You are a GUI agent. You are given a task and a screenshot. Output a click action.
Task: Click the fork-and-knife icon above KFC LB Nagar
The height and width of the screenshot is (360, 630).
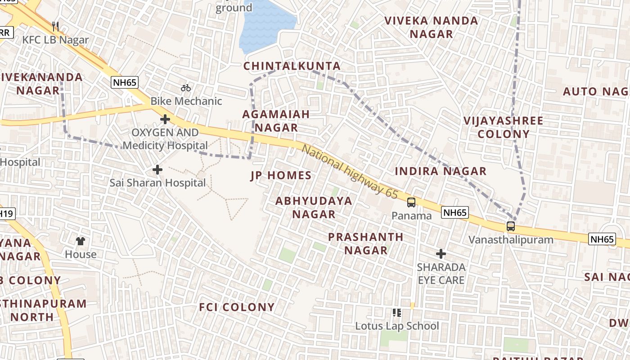click(x=55, y=27)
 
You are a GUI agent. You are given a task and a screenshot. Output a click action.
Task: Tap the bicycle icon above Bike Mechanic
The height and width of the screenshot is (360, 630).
click(x=186, y=87)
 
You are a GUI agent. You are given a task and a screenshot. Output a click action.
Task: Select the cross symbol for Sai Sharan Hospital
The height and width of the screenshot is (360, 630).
click(x=157, y=170)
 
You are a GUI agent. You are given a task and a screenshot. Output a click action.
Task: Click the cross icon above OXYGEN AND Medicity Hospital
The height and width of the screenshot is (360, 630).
click(x=165, y=119)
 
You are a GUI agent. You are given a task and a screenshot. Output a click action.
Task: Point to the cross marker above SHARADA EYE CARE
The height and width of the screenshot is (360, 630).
click(x=441, y=254)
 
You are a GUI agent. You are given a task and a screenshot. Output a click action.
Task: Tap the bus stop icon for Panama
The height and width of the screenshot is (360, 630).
click(x=411, y=202)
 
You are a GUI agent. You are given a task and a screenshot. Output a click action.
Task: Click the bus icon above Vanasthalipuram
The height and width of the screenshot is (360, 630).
click(x=511, y=226)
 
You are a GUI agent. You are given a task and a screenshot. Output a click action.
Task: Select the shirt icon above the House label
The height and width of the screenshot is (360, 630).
click(x=81, y=241)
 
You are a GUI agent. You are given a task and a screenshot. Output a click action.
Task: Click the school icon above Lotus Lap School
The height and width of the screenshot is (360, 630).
click(x=396, y=312)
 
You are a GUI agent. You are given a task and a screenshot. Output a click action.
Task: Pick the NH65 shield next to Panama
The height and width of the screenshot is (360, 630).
click(x=455, y=212)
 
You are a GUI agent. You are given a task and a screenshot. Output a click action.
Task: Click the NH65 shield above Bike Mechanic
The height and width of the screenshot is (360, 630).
click(x=125, y=82)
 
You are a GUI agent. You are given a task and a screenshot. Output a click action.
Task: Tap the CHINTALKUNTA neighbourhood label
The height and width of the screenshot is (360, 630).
click(x=292, y=66)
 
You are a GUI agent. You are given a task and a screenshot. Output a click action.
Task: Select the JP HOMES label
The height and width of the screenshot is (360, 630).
click(x=281, y=175)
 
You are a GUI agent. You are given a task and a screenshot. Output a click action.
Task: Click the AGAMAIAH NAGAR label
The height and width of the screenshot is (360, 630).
click(x=276, y=121)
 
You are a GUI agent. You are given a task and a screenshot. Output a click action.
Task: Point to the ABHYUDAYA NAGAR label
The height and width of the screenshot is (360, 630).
click(x=314, y=207)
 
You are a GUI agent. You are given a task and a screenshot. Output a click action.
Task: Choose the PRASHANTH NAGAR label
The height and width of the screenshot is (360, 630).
click(x=365, y=243)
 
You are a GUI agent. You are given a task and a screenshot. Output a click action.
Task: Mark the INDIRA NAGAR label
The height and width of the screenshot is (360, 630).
click(x=441, y=171)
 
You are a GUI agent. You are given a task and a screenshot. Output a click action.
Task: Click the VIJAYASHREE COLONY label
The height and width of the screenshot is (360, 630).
click(x=503, y=127)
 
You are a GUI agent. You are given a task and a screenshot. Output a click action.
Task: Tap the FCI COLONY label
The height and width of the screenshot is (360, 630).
click(x=237, y=307)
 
